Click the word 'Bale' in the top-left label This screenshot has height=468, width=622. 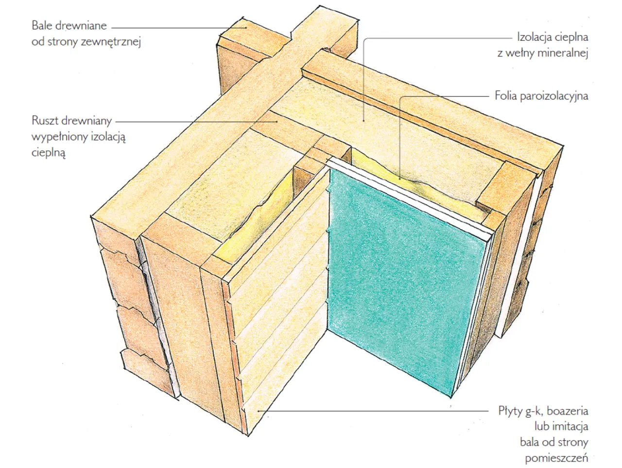(x=42, y=25)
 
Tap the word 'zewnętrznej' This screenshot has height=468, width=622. (x=111, y=42)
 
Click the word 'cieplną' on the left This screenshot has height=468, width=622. (x=49, y=153)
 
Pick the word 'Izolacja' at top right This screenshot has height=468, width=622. (x=532, y=37)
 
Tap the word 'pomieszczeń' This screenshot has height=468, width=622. (x=556, y=458)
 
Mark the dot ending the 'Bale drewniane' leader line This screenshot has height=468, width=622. (x=246, y=28)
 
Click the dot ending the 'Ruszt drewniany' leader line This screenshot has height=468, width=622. (x=276, y=122)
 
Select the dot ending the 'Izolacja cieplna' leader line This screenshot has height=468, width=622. (x=364, y=121)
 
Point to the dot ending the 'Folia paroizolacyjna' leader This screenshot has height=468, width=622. (x=400, y=179)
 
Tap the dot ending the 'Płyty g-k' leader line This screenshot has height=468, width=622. (x=258, y=411)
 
